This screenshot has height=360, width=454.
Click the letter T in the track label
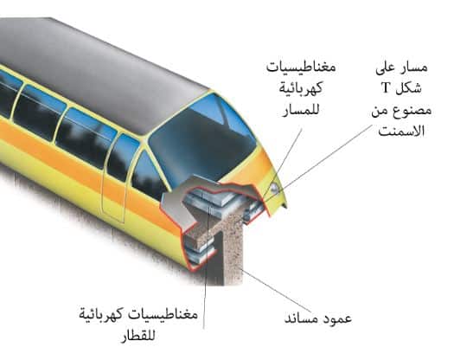click(386, 87)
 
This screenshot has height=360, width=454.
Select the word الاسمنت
click(401, 131)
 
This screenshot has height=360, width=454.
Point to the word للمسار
click(301, 110)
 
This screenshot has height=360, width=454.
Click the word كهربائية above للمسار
click(301, 88)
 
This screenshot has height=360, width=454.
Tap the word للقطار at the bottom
click(138, 336)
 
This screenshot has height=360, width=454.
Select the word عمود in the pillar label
click(338, 318)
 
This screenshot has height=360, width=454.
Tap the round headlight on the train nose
click(274, 188)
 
